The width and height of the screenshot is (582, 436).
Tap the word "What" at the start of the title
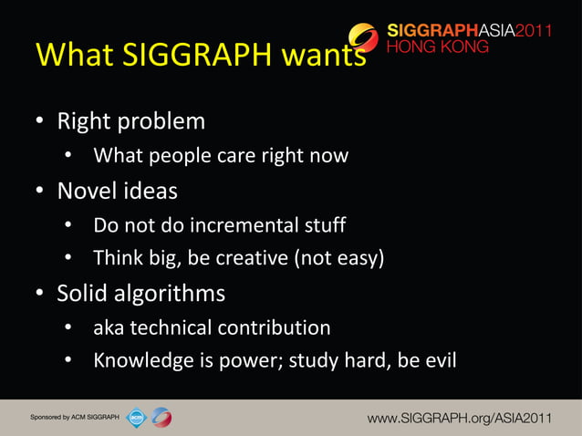pyautogui.click(x=69, y=57)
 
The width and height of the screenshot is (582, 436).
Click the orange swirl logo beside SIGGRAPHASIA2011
pyautogui.click(x=364, y=36)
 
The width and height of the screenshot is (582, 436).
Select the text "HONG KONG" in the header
pyautogui.click(x=437, y=48)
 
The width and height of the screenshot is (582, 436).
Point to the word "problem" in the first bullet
pyautogui.click(x=162, y=121)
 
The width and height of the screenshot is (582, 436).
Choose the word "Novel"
pyautogui.click(x=84, y=192)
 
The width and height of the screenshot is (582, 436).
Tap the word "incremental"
pyautogui.click(x=235, y=224)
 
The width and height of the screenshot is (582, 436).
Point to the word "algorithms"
pyautogui.click(x=171, y=294)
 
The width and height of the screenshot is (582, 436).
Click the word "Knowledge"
pyautogui.click(x=139, y=361)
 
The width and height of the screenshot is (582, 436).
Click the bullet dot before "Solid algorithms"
pyautogui.click(x=40, y=295)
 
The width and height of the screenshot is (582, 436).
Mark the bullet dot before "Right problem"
pyautogui.click(x=40, y=122)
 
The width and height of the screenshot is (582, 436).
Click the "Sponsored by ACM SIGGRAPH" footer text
pyautogui.click(x=74, y=417)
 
